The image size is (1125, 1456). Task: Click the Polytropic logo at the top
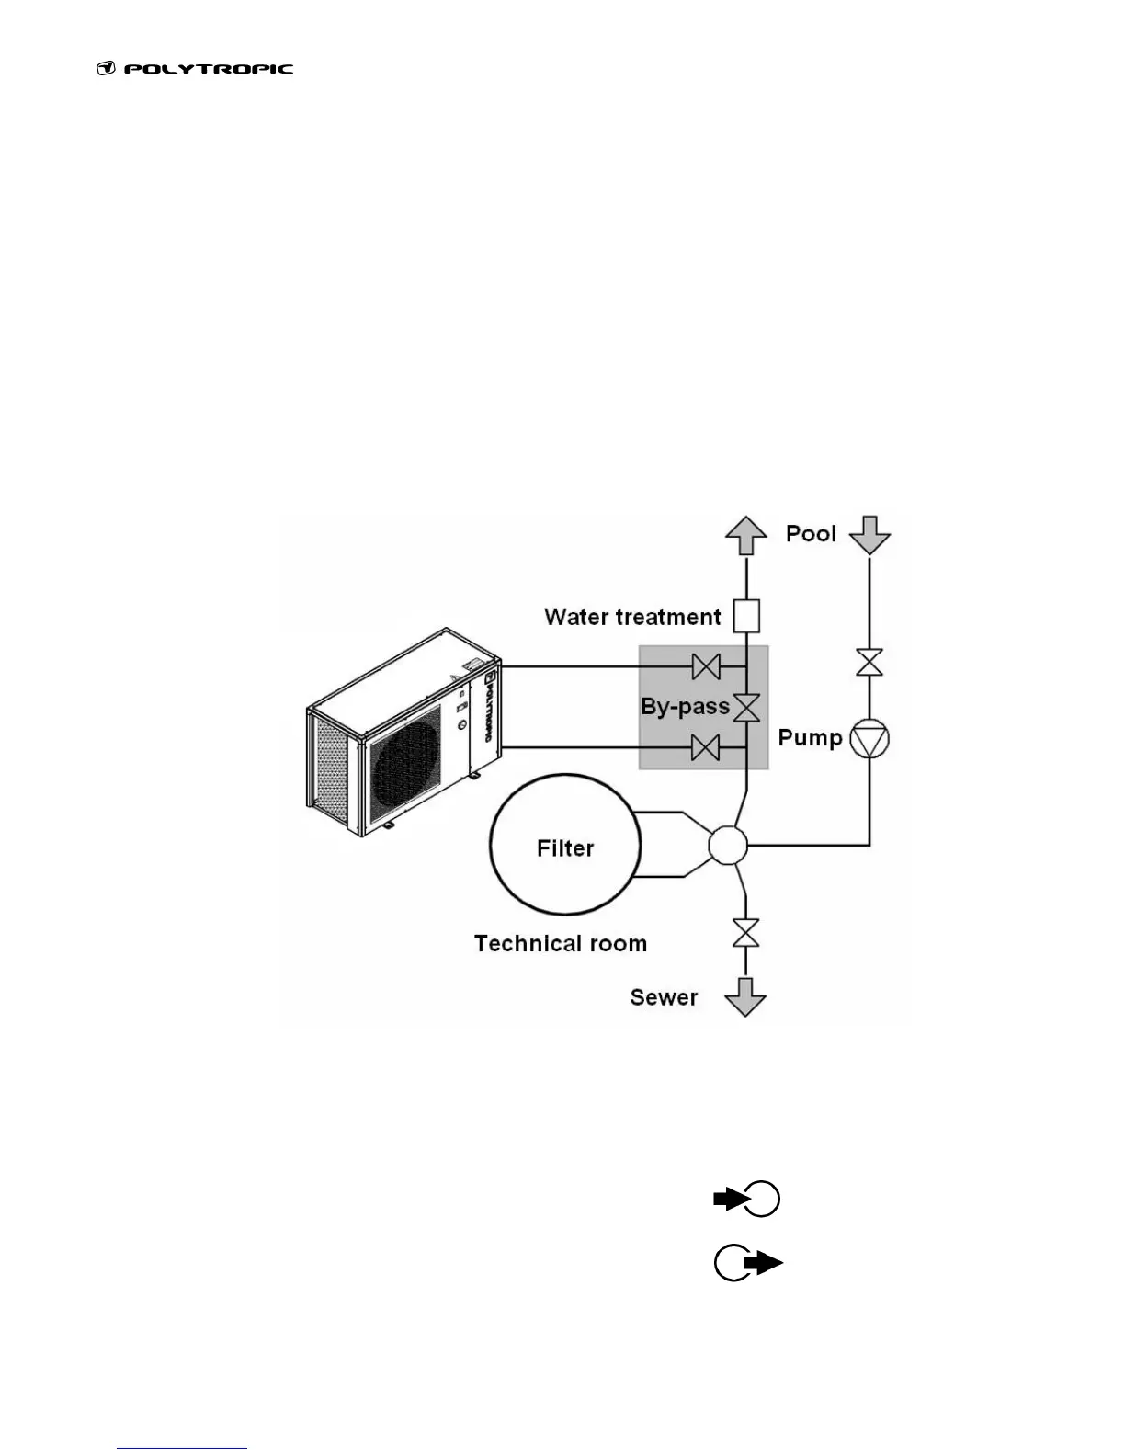pyautogui.click(x=195, y=69)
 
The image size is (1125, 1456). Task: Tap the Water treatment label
pyautogui.click(x=632, y=617)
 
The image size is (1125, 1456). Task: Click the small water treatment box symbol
pyautogui.click(x=746, y=616)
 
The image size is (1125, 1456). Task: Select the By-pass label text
pyautogui.click(x=685, y=707)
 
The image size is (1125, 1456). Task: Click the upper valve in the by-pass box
pyautogui.click(x=706, y=665)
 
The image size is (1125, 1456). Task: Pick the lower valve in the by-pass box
pyautogui.click(x=706, y=749)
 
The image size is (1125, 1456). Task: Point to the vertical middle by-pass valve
pyautogui.click(x=746, y=708)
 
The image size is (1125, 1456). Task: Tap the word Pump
pyautogui.click(x=810, y=738)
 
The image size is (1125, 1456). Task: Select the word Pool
pyautogui.click(x=811, y=534)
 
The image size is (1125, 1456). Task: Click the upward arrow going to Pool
pyautogui.click(x=745, y=534)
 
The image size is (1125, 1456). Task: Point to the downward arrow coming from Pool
pyautogui.click(x=869, y=534)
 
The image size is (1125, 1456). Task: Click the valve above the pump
pyautogui.click(x=869, y=663)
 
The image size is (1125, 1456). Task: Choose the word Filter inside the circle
pyautogui.click(x=565, y=848)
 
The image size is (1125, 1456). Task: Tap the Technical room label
pyautogui.click(x=561, y=944)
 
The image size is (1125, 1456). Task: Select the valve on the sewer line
pyautogui.click(x=745, y=933)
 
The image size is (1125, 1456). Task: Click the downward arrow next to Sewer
pyautogui.click(x=745, y=996)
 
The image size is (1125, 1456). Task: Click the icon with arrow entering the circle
pyautogui.click(x=747, y=1200)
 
